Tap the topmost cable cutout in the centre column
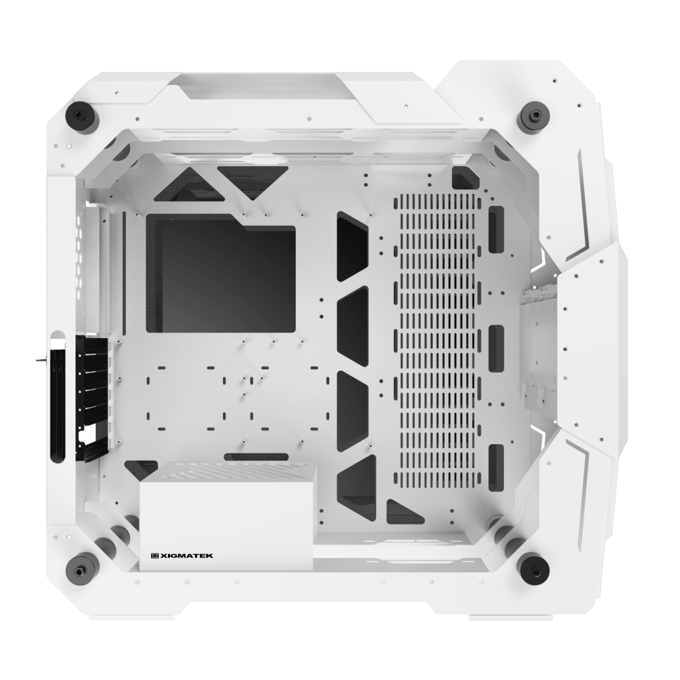[x=352, y=246]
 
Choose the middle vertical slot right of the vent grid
[x=496, y=343]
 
